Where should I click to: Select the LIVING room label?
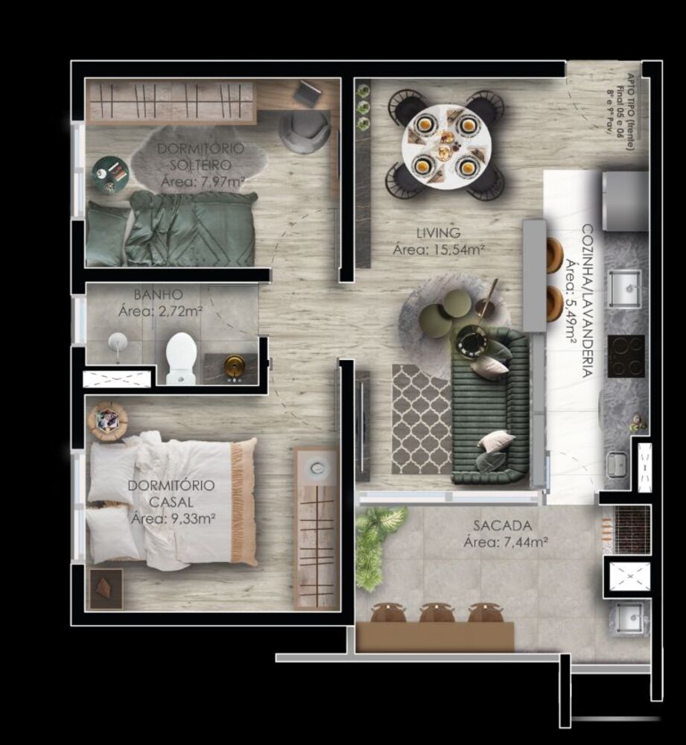pyautogui.click(x=438, y=233)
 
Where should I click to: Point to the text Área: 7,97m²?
pyautogui.click(x=203, y=181)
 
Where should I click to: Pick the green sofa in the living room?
pyautogui.click(x=492, y=406)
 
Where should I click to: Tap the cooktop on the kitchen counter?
pyautogui.click(x=626, y=355)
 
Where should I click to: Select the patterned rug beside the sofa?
pyautogui.click(x=421, y=419)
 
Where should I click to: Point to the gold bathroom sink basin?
pyautogui.click(x=235, y=365)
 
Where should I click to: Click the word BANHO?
pyautogui.click(x=159, y=294)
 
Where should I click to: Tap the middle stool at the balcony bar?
pyautogui.click(x=436, y=613)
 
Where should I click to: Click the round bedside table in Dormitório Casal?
pyautogui.click(x=107, y=422)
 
